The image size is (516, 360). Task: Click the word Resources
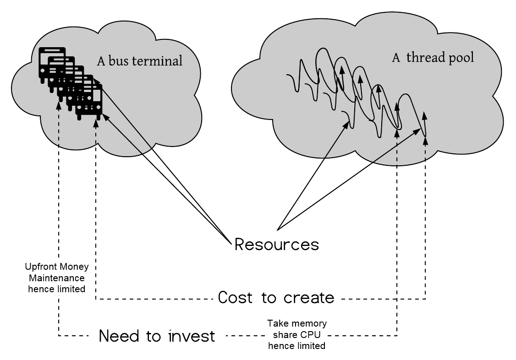pyautogui.click(x=276, y=244)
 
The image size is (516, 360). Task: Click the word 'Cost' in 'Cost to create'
pyautogui.click(x=235, y=298)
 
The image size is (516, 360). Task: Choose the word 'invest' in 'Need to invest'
pyautogui.click(x=192, y=337)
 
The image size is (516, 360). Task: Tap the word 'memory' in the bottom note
pyautogui.click(x=311, y=324)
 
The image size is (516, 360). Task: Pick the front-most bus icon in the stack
pyautogui.click(x=89, y=102)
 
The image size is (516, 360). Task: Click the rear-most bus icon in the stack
pyautogui.click(x=50, y=63)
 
